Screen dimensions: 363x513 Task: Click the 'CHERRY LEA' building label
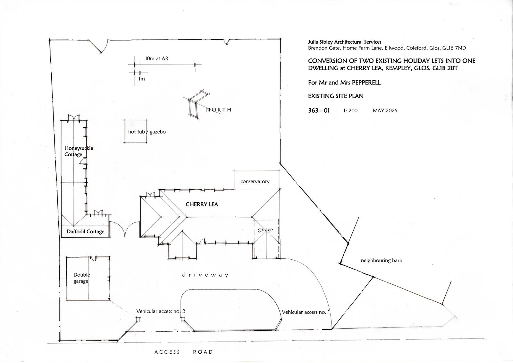pos(202,204)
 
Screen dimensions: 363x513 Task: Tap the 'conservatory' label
pos(255,181)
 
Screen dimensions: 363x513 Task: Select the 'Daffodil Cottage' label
pos(85,231)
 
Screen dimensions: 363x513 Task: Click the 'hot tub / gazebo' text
pos(147,132)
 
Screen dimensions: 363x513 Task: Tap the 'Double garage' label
pos(81,278)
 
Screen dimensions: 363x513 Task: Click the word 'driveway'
pos(205,275)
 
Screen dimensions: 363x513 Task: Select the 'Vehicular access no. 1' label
pos(306,312)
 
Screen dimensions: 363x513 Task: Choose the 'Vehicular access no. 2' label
pos(161,311)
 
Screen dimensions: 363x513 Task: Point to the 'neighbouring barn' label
pos(381,260)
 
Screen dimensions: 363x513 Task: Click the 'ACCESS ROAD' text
pos(184,352)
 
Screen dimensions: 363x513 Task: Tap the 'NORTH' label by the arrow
pos(219,110)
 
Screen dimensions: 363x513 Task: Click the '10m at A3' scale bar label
pos(157,58)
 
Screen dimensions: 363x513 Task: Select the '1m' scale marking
pos(141,79)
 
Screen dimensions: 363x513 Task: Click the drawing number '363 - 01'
pos(319,110)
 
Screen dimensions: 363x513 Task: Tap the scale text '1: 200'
pos(350,110)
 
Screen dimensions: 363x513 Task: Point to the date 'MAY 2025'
pos(385,110)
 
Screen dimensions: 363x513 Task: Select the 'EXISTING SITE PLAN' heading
pos(336,96)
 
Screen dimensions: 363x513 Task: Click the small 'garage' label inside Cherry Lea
pos(265,229)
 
